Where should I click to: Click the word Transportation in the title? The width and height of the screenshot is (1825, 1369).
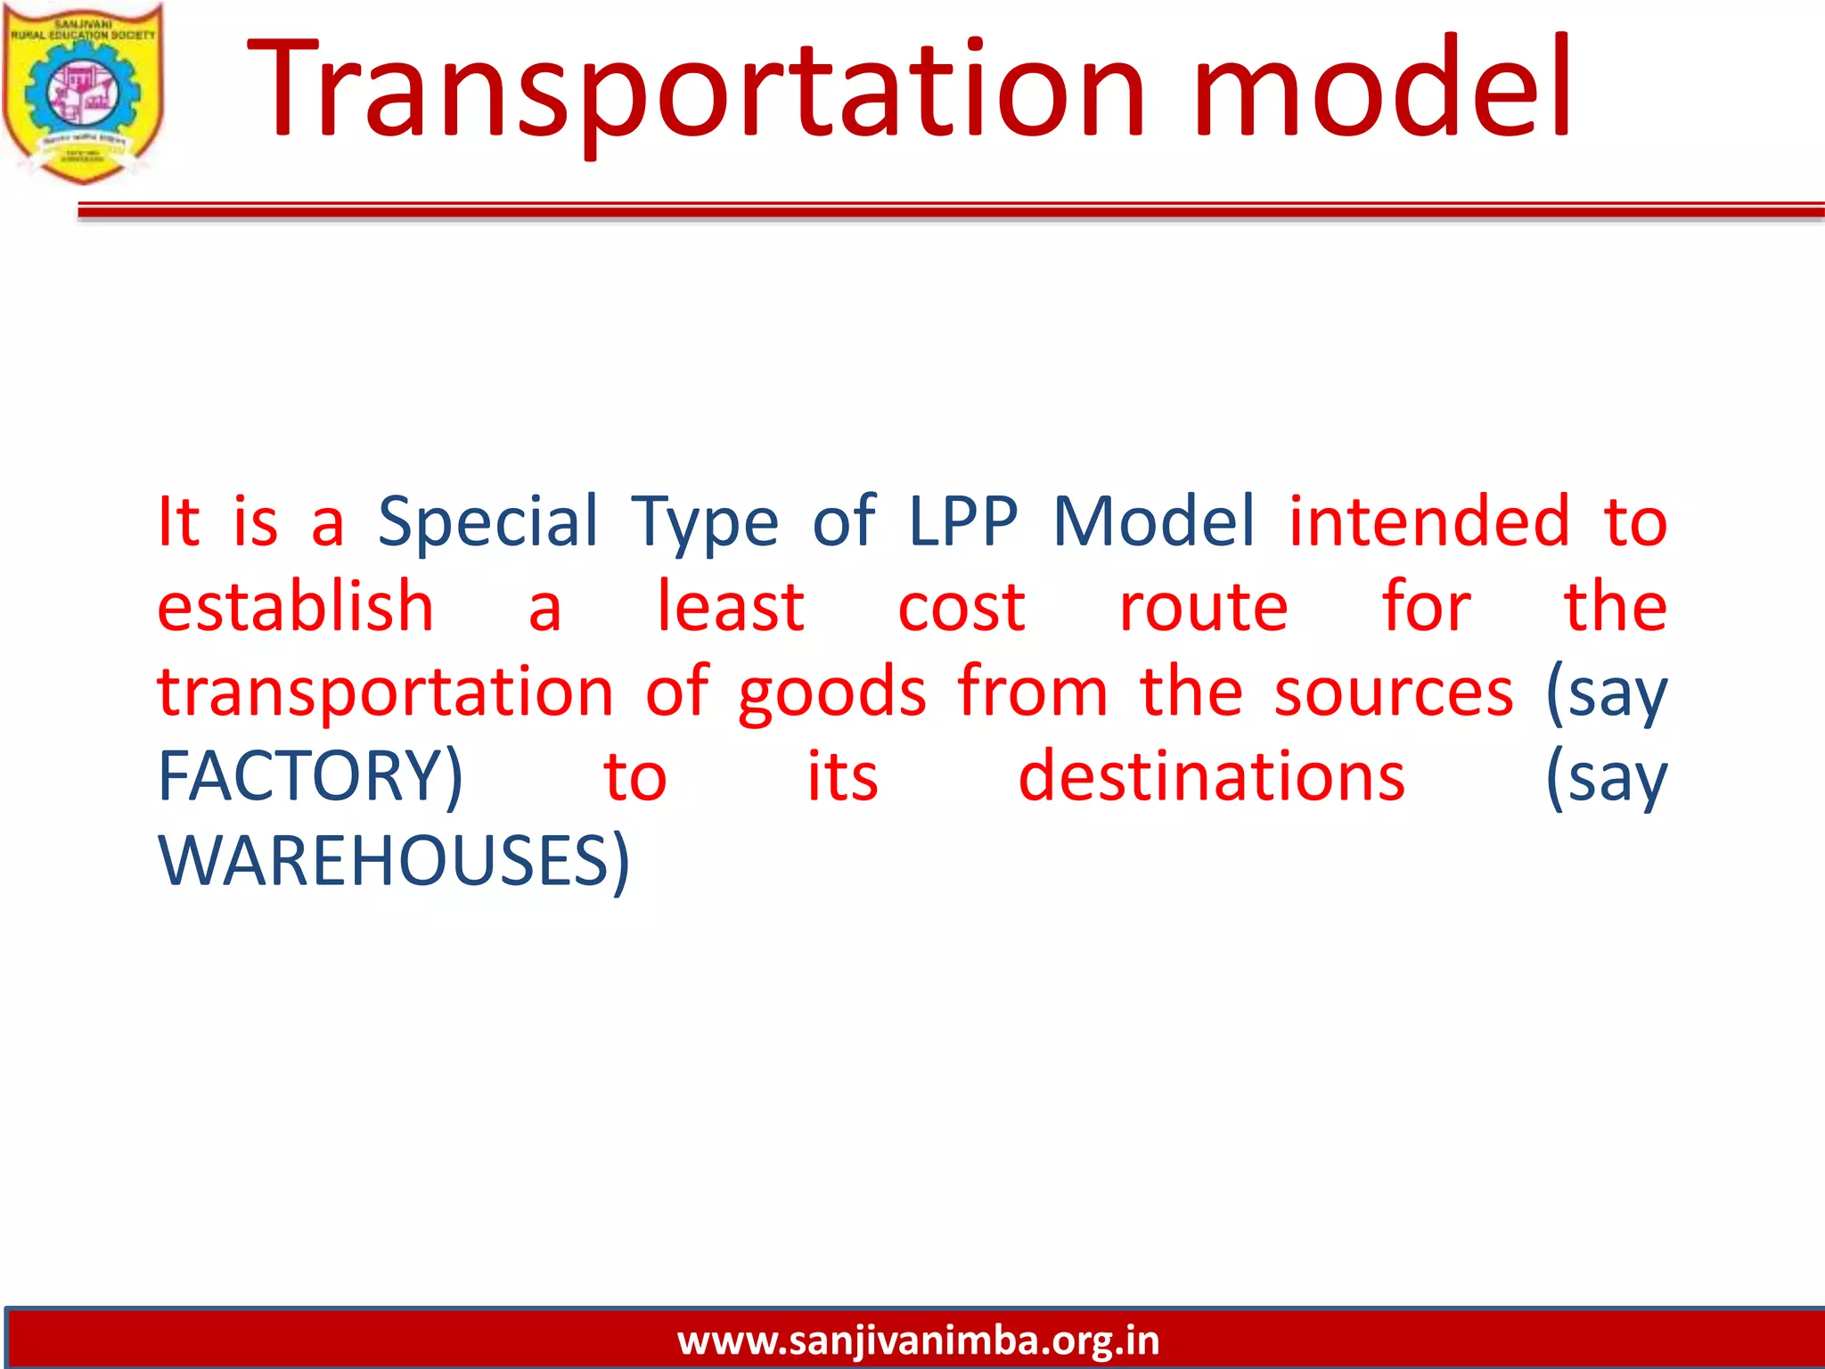point(695,89)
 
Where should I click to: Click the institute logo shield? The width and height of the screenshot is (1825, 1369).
point(83,94)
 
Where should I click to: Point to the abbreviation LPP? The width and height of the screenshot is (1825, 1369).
point(962,521)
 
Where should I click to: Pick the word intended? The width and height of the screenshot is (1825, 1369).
point(1428,521)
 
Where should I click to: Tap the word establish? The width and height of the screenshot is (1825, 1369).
point(295,607)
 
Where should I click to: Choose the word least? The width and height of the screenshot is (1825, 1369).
point(731,607)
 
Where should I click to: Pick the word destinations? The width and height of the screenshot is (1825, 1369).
point(1211,776)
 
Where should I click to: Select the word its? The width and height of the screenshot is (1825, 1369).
point(842,776)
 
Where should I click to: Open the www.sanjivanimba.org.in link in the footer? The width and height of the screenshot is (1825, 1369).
point(918,1340)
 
